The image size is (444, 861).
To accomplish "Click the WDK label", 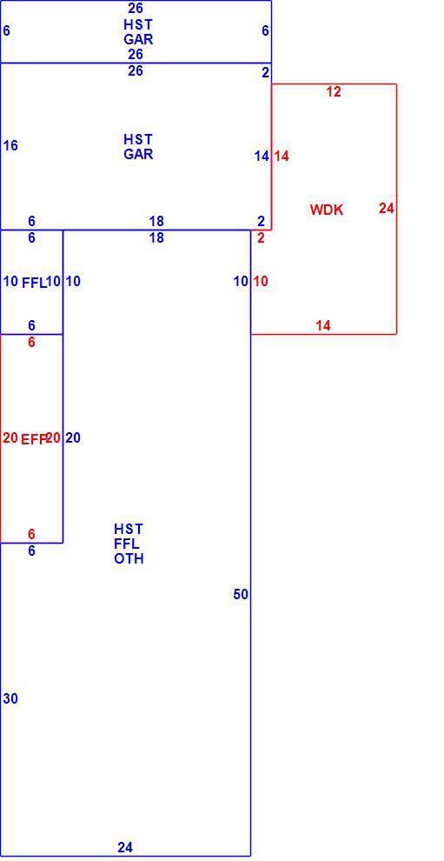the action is tap(327, 210).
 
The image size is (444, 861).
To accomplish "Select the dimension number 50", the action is tap(241, 594).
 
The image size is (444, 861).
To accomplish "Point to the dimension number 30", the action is tap(10, 698).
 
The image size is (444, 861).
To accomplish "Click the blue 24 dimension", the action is tap(125, 847).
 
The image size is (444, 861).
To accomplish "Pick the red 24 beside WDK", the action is tap(387, 208).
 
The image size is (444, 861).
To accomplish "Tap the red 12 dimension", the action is tap(334, 91).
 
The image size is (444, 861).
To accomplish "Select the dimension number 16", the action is tap(10, 145).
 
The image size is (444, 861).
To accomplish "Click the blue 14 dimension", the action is tap(262, 156).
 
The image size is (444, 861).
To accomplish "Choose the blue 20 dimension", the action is tap(73, 437).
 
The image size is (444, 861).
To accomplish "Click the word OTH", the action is tap(129, 559).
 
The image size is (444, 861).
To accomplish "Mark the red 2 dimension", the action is tap(261, 238).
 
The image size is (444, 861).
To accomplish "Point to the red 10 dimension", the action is tap(261, 281).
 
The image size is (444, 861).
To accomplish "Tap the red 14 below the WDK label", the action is tap(323, 325).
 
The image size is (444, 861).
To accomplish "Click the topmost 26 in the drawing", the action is tap(136, 8).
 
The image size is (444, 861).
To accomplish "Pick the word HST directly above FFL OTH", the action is tap(129, 529).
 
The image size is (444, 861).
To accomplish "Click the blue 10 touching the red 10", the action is tap(241, 281).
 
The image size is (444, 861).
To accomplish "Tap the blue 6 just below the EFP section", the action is tap(31, 551).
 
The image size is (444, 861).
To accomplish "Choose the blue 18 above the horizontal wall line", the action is tap(156, 221).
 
